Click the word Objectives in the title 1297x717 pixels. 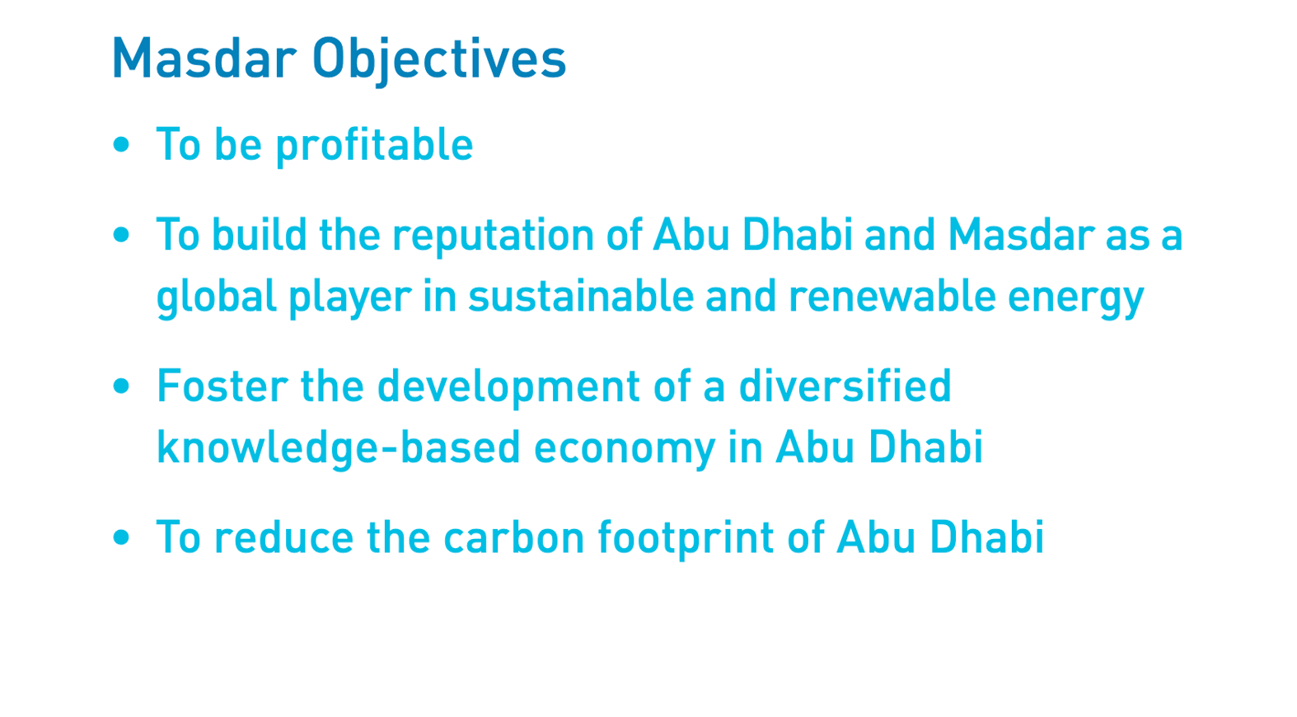tap(439, 59)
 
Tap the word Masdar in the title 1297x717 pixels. tap(204, 58)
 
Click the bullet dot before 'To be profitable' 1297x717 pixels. tap(121, 144)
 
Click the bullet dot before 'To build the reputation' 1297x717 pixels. tap(121, 235)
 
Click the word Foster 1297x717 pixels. tap(222, 386)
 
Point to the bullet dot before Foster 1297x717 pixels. tap(121, 386)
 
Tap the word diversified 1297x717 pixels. tap(845, 386)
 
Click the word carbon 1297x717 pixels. tap(514, 537)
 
